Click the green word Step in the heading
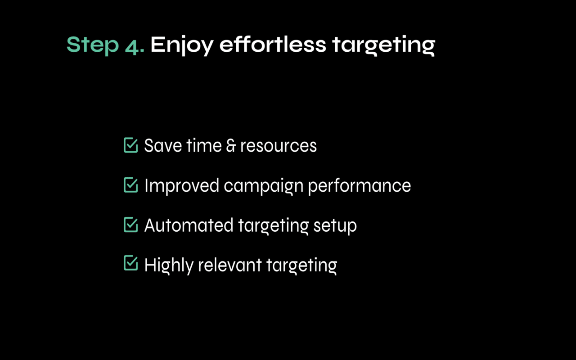tap(93, 45)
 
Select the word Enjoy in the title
tap(182, 45)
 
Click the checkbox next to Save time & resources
tap(130, 145)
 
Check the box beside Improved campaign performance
tap(130, 185)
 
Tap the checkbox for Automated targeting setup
tap(130, 225)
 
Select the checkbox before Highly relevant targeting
tap(130, 263)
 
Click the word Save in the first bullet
tap(162, 145)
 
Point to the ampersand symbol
tap(231, 146)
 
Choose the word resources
tap(279, 146)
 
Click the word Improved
tap(182, 185)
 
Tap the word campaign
tap(264, 186)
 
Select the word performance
tap(360, 186)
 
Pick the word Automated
tap(189, 225)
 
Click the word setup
tap(335, 226)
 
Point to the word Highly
tap(169, 265)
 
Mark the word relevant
tap(230, 265)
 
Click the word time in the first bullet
tap(204, 145)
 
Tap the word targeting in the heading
tap(384, 45)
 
